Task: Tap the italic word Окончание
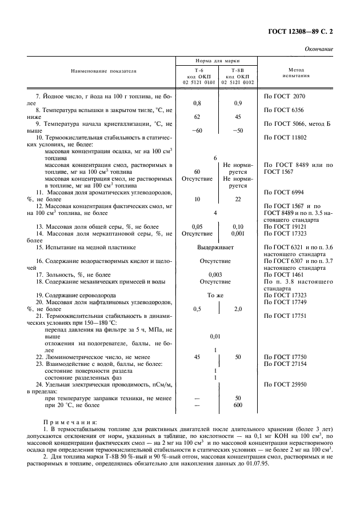[x=319, y=49]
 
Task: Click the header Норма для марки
[x=217, y=60]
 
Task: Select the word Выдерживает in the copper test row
[x=215, y=247]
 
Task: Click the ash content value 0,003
[x=215, y=274]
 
